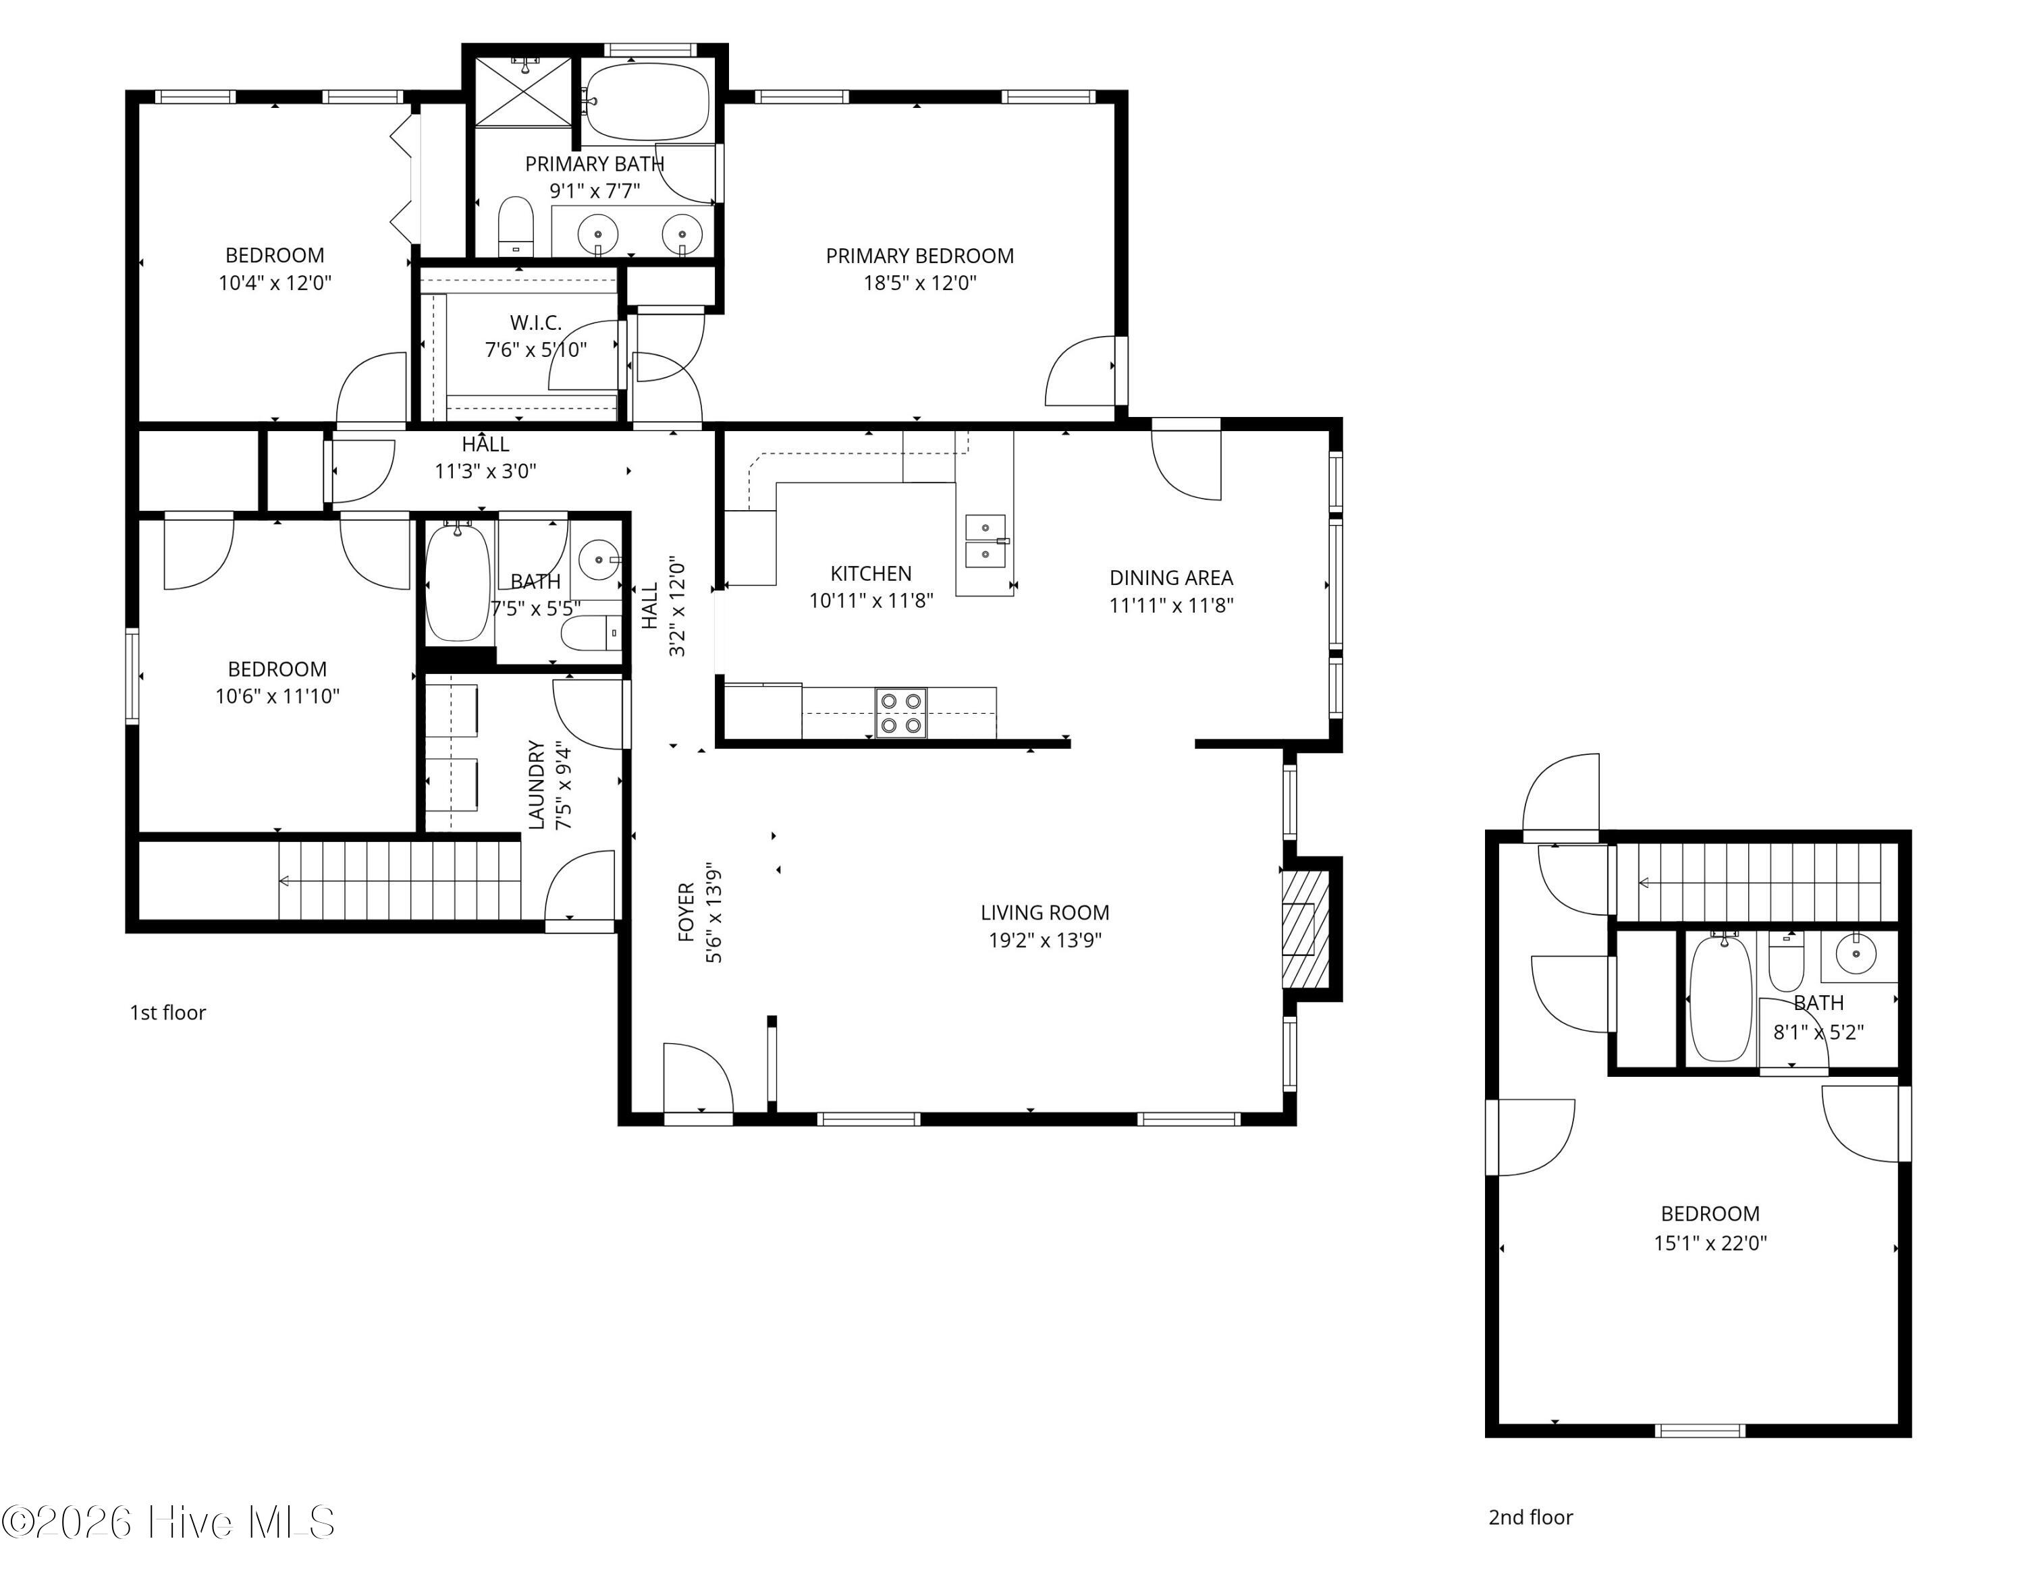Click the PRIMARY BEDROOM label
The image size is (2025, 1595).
919,256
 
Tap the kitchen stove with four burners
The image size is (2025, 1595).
900,713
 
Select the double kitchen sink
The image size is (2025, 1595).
986,542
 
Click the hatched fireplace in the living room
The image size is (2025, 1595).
1305,928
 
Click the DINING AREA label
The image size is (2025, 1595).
1170,578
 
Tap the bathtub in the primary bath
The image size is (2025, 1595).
645,101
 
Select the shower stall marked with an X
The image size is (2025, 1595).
523,92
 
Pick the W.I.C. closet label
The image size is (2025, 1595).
535,323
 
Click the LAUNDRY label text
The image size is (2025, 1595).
536,785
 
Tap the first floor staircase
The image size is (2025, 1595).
399,880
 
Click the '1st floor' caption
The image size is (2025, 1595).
167,1012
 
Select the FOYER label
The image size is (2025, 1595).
686,912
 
